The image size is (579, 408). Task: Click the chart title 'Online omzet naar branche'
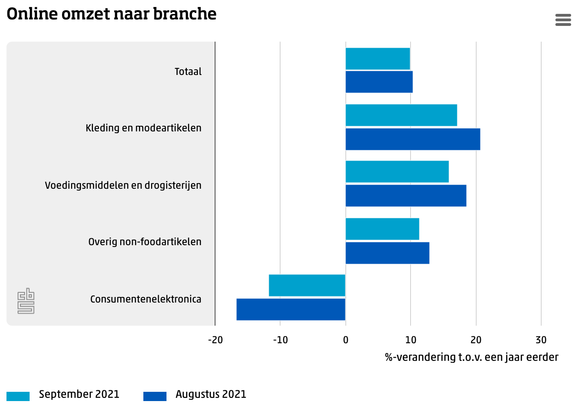(111, 14)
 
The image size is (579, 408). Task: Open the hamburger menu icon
(563, 20)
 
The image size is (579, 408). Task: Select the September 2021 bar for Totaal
(378, 59)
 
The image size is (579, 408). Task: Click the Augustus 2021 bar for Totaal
(379, 82)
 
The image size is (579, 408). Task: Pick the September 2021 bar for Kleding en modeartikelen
(401, 115)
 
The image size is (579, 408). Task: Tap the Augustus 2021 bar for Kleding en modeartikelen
(413, 139)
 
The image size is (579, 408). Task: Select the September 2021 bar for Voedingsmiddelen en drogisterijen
(397, 172)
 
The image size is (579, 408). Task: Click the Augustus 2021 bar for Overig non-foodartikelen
(388, 253)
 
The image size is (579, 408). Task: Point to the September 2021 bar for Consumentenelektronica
(307, 285)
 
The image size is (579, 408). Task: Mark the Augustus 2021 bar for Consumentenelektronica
(291, 309)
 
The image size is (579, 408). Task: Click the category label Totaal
(188, 72)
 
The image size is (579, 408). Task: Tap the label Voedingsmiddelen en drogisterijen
(123, 185)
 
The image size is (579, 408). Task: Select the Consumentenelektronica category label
(146, 299)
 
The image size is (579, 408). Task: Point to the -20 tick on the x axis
(216, 340)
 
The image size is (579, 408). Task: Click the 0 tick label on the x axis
(345, 340)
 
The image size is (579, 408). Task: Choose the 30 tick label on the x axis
(541, 340)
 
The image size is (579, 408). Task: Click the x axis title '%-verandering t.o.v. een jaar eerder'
(472, 357)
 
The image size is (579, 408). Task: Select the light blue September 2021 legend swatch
(18, 396)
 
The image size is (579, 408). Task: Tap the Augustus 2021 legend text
(211, 395)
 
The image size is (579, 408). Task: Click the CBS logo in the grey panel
(26, 301)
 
